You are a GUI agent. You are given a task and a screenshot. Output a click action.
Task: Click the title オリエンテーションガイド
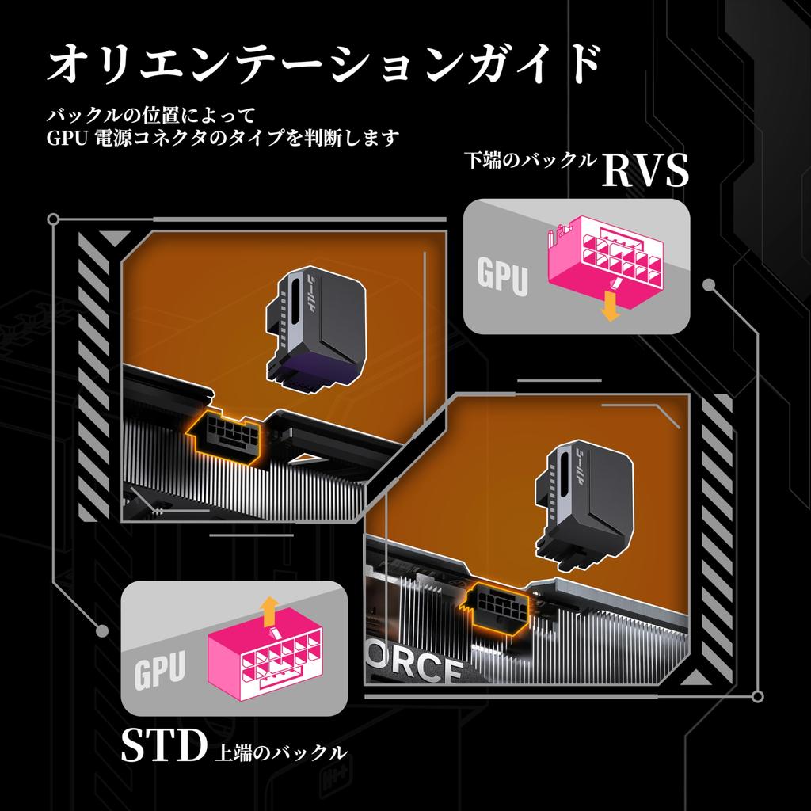(x=324, y=65)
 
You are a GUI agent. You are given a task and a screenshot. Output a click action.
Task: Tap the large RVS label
(x=645, y=171)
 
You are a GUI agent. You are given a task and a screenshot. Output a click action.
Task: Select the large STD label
(x=163, y=745)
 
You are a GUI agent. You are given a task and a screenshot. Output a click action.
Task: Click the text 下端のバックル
(x=530, y=160)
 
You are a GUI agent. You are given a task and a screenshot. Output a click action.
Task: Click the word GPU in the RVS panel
(x=502, y=276)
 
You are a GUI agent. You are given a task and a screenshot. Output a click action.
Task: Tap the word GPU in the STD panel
(x=159, y=671)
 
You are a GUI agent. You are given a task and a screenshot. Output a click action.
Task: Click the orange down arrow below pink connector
(x=611, y=307)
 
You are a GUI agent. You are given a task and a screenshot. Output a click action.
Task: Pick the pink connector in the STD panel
(x=265, y=653)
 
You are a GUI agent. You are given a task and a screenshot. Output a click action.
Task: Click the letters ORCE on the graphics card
(x=413, y=664)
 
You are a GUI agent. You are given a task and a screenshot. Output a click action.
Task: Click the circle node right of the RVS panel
(x=709, y=285)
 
